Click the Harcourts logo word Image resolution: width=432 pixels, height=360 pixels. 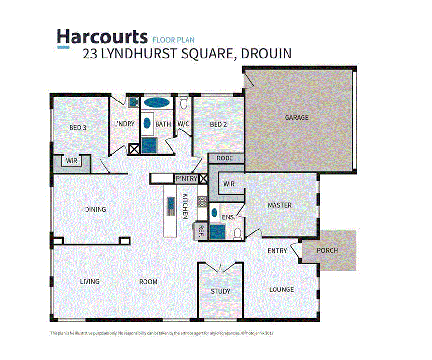coord(102,37)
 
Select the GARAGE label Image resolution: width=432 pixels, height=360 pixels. coord(296,117)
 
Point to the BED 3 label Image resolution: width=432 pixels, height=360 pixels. coord(77,128)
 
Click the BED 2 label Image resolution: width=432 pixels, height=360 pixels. coord(218,124)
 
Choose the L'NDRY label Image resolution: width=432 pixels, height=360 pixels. coord(124,124)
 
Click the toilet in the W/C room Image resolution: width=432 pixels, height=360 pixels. coord(183,103)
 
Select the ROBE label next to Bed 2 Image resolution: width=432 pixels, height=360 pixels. coord(225,158)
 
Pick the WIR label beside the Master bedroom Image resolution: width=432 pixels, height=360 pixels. coord(229,184)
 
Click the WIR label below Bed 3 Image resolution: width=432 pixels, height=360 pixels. coord(72,161)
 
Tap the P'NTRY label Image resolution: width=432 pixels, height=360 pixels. coord(186,179)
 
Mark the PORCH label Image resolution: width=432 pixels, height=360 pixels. coord(327,250)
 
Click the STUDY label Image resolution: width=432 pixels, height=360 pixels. coord(220,291)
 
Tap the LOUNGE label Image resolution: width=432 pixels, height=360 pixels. coord(281,289)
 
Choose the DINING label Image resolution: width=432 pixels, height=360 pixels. coord(95,209)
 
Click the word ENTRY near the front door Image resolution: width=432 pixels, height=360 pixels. coord(277,251)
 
